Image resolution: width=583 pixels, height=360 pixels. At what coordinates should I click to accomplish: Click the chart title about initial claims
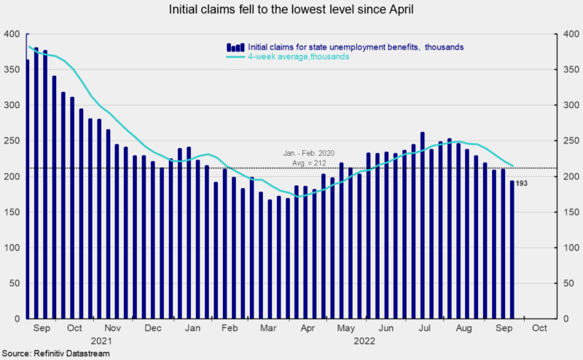[291, 10]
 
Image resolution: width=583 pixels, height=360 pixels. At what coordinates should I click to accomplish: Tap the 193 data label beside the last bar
[521, 183]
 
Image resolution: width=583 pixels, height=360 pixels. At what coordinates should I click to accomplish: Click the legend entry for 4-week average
[299, 56]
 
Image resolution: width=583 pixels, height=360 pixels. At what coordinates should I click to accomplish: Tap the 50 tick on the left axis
[13, 283]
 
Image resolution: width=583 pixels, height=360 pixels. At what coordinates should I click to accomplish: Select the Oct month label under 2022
[539, 328]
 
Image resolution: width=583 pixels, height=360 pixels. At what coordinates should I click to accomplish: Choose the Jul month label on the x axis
[422, 328]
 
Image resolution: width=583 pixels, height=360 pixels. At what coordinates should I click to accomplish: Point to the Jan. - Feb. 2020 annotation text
[308, 154]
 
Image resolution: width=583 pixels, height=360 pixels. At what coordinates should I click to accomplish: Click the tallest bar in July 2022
[422, 225]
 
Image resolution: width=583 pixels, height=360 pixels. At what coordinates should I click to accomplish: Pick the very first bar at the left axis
[27, 189]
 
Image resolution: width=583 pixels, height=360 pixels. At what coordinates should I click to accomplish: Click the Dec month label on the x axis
[154, 328]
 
